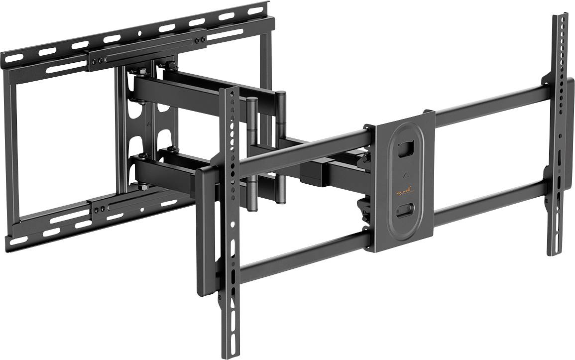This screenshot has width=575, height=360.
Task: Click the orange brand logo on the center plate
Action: click(x=401, y=192)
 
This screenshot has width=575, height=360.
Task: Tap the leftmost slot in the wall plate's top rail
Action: click(x=14, y=58)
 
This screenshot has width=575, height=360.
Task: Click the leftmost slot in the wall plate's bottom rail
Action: click(x=19, y=240)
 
